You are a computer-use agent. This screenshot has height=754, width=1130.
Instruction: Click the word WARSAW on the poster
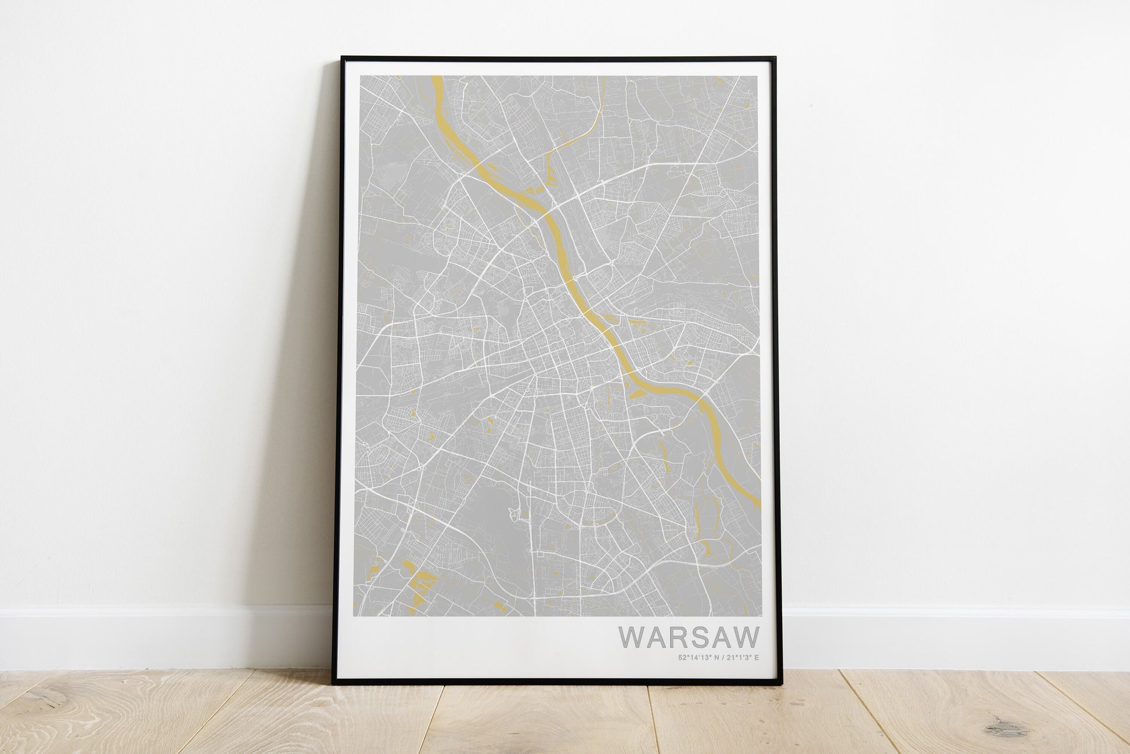click(x=689, y=637)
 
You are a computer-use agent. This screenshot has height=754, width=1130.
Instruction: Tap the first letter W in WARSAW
click(x=631, y=637)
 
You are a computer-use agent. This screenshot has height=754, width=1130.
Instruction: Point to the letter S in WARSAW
click(x=701, y=637)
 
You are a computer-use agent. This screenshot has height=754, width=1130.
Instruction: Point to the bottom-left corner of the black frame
click(x=334, y=677)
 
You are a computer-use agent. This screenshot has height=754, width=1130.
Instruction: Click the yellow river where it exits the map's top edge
click(x=437, y=78)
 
